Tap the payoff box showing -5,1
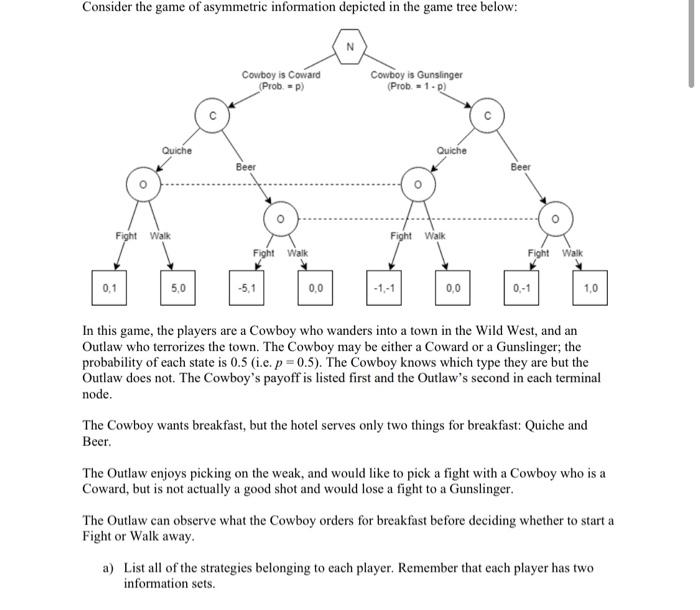pos(244,288)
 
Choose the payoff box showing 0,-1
pos(521,288)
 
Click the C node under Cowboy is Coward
pos(212,115)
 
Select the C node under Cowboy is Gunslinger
pos(487,115)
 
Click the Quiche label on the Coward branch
pos(177,150)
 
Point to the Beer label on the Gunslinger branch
pos(520,167)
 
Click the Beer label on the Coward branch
pos(245,167)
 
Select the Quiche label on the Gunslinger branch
pos(452,150)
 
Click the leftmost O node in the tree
pos(142,185)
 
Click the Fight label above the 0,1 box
pos(126,235)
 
